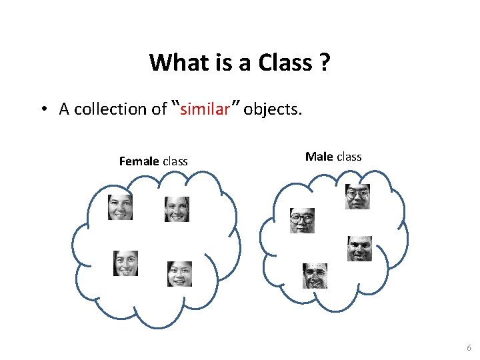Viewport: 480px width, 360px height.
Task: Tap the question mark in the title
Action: pyautogui.click(x=325, y=63)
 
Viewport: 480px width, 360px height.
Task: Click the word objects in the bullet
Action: pyautogui.click(x=273, y=109)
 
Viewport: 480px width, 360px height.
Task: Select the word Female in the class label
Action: pyautogui.click(x=139, y=161)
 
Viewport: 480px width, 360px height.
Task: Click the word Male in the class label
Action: pyautogui.click(x=319, y=157)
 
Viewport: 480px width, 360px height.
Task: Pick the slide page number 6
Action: pyautogui.click(x=469, y=348)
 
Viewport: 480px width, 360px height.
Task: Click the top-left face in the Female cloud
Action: pyautogui.click(x=121, y=207)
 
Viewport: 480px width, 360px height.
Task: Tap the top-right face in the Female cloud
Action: pyautogui.click(x=177, y=209)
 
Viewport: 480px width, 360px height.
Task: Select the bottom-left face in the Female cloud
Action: pyautogui.click(x=125, y=263)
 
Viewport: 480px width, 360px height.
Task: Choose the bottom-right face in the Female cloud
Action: pyautogui.click(x=179, y=274)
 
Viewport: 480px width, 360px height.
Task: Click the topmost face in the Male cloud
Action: pyautogui.click(x=357, y=197)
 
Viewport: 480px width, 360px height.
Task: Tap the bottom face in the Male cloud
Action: pyautogui.click(x=315, y=275)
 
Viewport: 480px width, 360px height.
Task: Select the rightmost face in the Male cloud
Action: pyautogui.click(x=359, y=249)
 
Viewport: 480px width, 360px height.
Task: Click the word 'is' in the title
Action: pyautogui.click(x=222, y=63)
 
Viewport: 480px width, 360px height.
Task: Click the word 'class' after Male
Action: pyautogui.click(x=349, y=157)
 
